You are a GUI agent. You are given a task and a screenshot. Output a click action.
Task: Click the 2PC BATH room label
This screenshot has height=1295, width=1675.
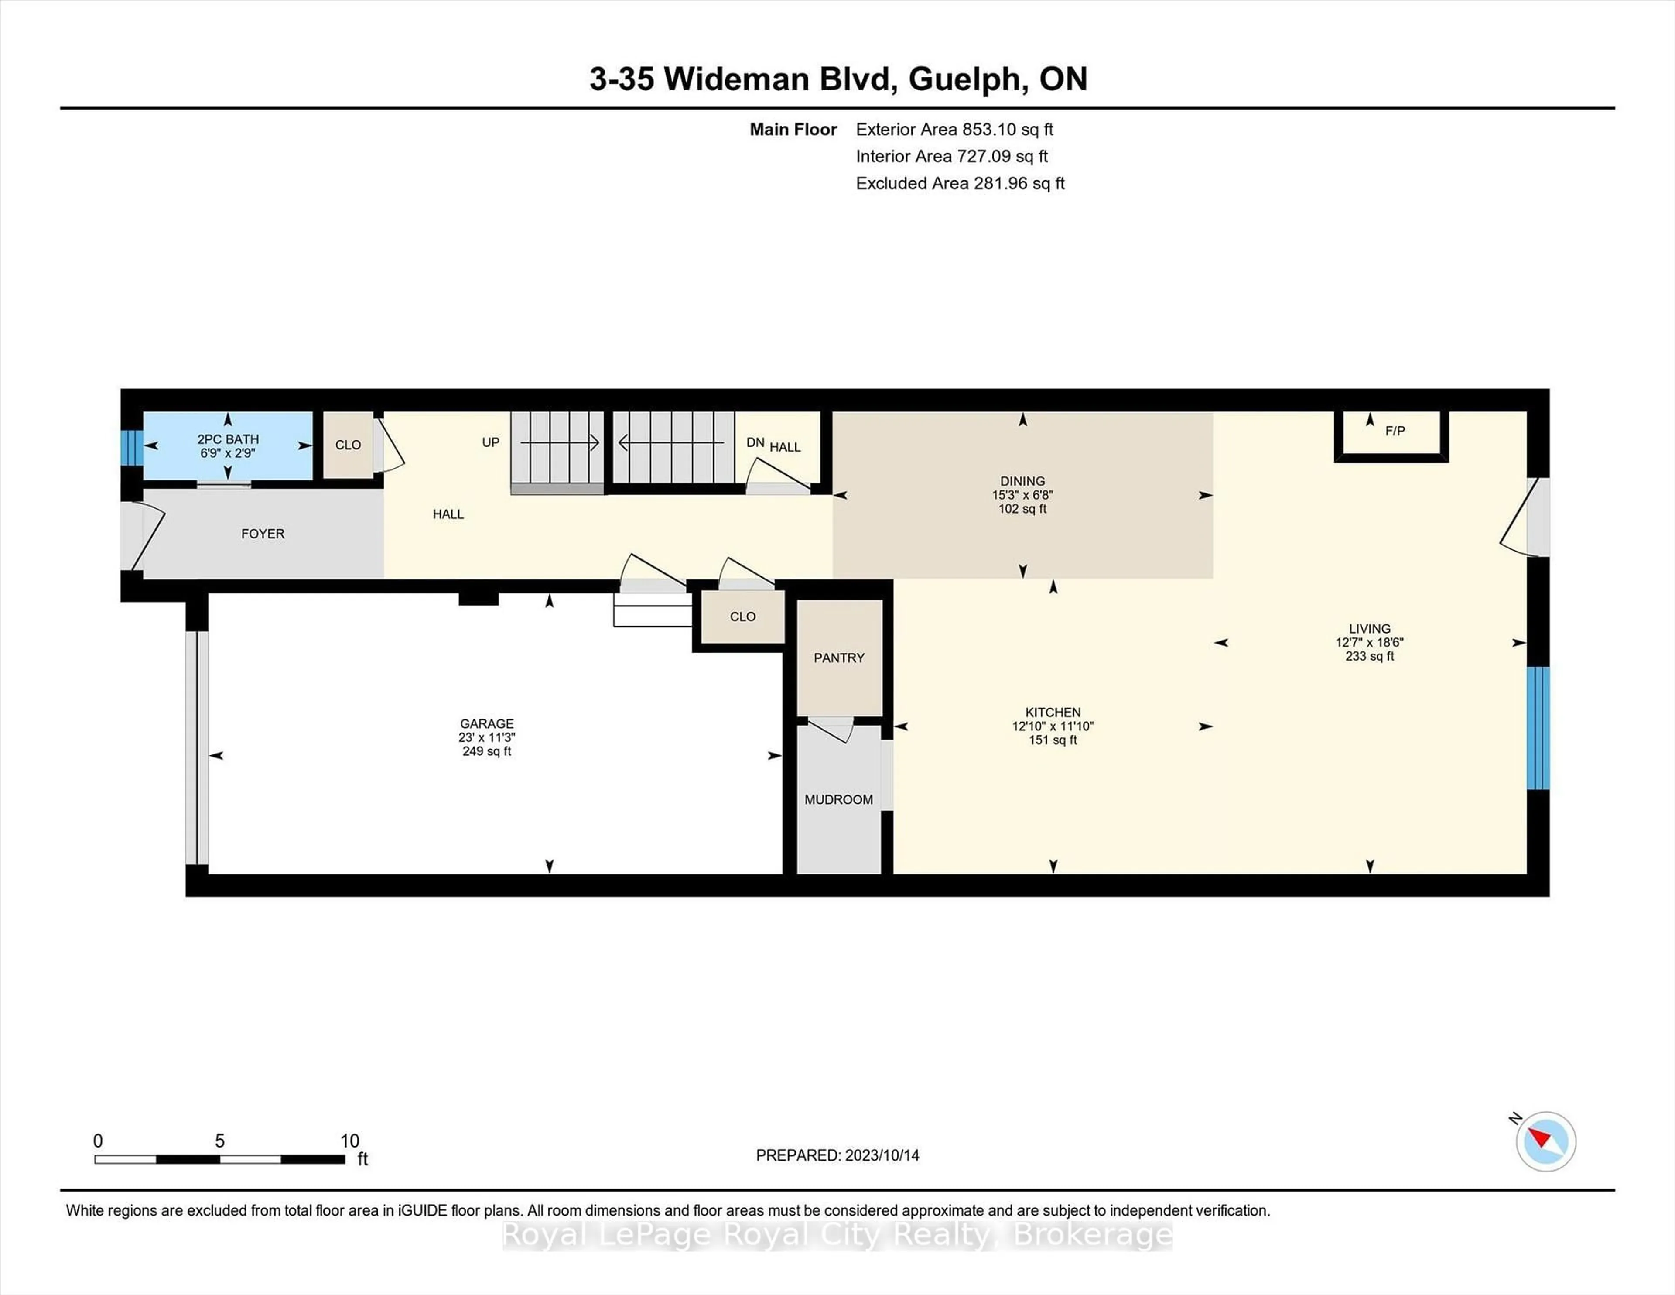[x=228, y=439]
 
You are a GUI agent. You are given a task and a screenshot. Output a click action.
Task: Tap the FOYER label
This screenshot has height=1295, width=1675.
[x=262, y=533]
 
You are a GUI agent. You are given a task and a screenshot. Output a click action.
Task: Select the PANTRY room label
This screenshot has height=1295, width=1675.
[x=838, y=658]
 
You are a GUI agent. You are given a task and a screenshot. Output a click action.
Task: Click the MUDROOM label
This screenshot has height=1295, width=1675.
[x=838, y=799]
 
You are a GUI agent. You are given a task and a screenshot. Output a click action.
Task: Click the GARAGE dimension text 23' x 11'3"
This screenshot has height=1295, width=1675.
[x=486, y=737]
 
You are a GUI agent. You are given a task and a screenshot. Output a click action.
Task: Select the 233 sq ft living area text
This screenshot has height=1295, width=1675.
[x=1369, y=656]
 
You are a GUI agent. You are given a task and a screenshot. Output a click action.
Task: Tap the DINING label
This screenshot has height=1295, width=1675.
[x=1022, y=481]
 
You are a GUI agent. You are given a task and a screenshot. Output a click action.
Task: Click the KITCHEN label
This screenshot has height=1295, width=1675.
[x=1052, y=712]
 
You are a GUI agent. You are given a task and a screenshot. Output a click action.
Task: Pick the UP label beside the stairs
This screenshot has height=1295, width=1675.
[x=490, y=442]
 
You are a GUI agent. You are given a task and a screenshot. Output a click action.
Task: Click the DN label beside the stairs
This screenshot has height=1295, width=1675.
[x=755, y=443]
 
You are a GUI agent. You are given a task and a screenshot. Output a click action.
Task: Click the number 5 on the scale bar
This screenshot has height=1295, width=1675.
[x=219, y=1141]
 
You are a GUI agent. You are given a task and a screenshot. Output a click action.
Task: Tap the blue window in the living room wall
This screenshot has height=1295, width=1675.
[x=1538, y=727]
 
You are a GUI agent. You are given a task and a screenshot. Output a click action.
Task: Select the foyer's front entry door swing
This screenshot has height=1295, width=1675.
[x=146, y=535]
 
